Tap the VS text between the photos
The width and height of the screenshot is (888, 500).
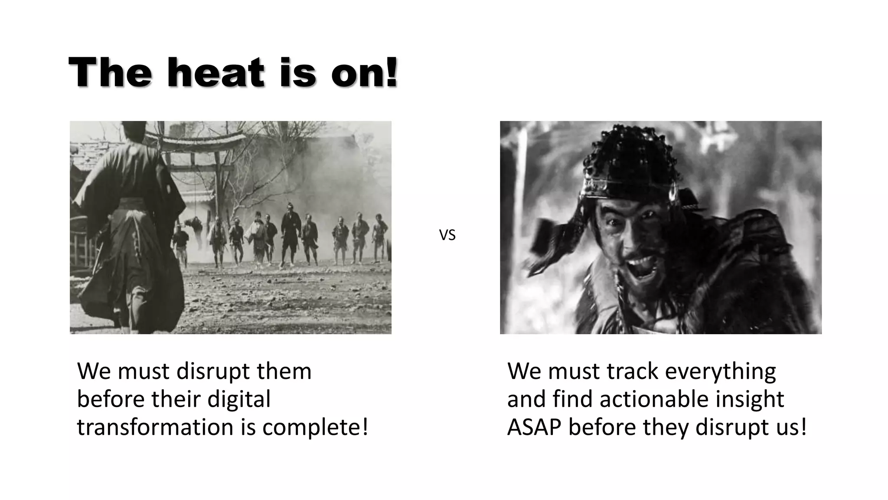pyautogui.click(x=447, y=235)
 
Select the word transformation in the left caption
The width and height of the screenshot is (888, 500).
pyautogui.click(x=155, y=427)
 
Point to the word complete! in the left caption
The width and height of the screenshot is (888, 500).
pyautogui.click(x=315, y=427)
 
